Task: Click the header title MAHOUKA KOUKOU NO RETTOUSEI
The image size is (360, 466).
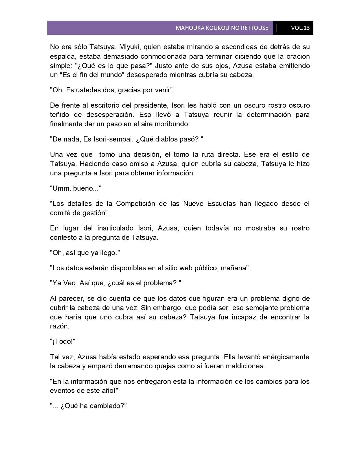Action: (x=222, y=28)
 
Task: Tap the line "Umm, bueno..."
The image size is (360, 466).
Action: (x=75, y=188)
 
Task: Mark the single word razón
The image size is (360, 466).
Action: (x=59, y=326)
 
